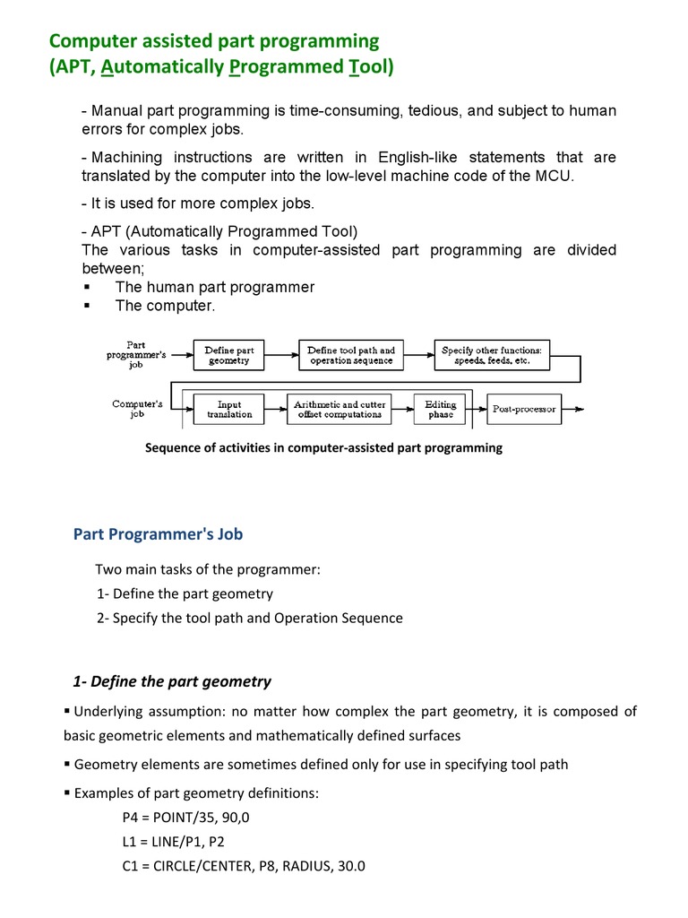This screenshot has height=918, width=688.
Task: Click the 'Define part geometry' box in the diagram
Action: click(229, 355)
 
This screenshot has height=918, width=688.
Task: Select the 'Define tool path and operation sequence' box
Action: click(351, 355)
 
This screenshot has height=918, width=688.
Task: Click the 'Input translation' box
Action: click(229, 410)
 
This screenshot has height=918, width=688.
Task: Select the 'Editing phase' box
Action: click(441, 410)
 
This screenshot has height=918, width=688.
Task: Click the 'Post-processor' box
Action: click(524, 410)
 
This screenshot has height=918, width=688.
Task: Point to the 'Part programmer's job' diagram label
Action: click(135, 355)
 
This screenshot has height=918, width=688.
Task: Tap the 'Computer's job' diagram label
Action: click(137, 409)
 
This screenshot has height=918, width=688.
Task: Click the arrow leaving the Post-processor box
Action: click(574, 410)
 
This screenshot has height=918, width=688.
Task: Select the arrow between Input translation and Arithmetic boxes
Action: click(277, 410)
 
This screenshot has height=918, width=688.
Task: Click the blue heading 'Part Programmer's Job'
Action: click(158, 534)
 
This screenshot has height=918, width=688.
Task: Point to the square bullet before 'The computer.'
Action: click(87, 307)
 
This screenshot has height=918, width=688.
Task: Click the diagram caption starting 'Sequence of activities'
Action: click(323, 447)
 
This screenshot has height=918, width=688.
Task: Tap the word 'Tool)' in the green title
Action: click(370, 66)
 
